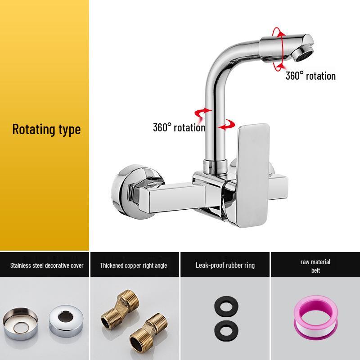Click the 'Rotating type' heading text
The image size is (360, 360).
click(x=46, y=130)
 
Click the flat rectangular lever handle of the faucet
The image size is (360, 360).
click(x=253, y=175)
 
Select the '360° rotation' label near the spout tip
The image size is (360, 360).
click(x=310, y=76)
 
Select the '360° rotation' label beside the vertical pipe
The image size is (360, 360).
click(x=179, y=128)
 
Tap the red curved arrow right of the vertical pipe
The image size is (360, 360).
click(x=227, y=125)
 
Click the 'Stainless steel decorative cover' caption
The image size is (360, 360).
click(x=47, y=265)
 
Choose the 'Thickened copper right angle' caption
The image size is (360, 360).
click(x=133, y=265)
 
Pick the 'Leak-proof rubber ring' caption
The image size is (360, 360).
click(x=225, y=265)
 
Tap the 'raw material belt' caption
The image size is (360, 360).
click(x=315, y=266)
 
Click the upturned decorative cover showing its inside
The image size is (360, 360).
click(x=20, y=324)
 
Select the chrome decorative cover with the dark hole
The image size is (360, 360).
click(x=66, y=321)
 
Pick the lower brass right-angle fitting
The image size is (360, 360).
click(x=148, y=333)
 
